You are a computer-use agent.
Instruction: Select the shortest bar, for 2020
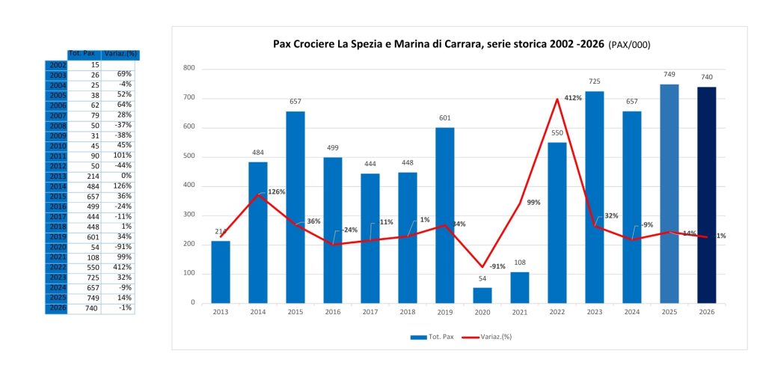[483, 295]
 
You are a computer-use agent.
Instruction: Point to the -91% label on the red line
[497, 266]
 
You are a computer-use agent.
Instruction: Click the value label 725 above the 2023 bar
[595, 81]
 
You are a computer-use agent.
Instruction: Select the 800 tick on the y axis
[189, 68]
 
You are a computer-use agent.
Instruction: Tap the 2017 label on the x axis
[371, 312]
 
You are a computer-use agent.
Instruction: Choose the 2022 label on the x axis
[558, 312]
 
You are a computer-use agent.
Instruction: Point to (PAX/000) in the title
[630, 45]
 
